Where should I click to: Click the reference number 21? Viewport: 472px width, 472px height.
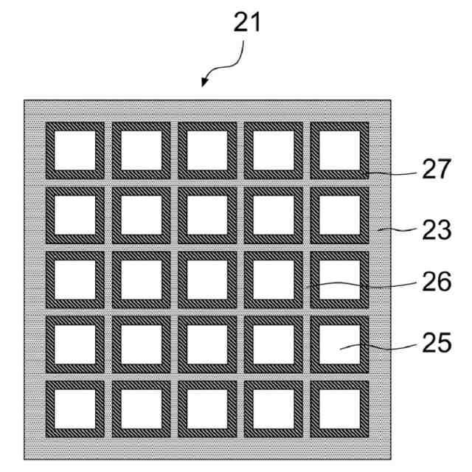click(x=247, y=23)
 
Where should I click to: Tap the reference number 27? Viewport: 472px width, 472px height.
click(x=437, y=170)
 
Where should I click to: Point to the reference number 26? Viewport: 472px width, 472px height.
click(x=437, y=282)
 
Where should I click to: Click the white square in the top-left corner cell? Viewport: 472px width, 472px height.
click(x=74, y=150)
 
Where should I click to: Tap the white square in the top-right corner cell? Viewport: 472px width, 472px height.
click(x=339, y=150)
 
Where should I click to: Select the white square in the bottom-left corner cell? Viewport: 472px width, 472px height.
click(x=74, y=409)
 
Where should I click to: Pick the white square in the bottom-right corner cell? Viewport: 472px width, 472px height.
click(x=339, y=409)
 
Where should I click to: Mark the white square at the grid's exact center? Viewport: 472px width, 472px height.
click(x=207, y=280)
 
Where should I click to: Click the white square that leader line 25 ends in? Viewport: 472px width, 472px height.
click(x=339, y=344)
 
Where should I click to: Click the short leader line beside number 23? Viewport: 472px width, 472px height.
click(x=391, y=230)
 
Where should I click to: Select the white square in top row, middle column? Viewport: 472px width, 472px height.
click(x=207, y=150)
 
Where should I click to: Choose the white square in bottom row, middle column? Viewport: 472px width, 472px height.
click(x=207, y=409)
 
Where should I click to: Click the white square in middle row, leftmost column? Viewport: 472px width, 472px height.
click(x=74, y=280)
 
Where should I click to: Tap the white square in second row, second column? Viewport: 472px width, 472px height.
click(x=141, y=215)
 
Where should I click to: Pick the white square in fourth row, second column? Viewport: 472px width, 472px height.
click(x=141, y=344)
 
